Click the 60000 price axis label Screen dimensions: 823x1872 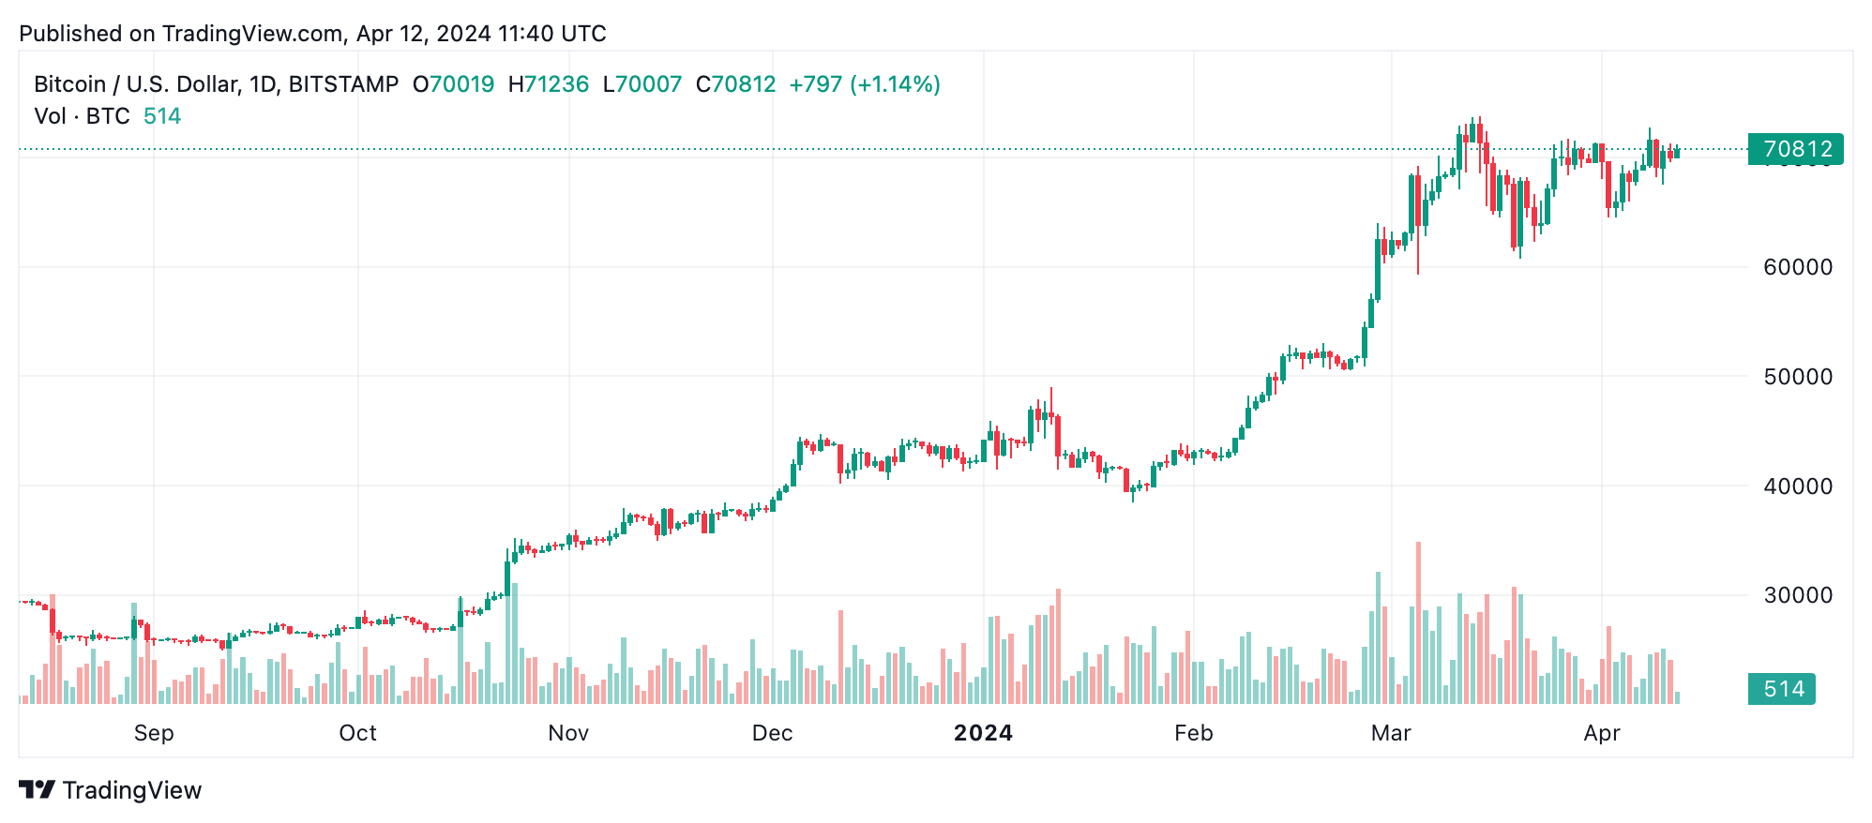[1797, 267]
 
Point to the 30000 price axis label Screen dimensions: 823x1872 [1797, 595]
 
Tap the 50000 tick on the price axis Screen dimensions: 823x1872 [1797, 377]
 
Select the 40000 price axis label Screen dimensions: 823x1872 [1797, 486]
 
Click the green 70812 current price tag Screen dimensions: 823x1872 [1795, 149]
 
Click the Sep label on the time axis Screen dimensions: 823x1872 [154, 733]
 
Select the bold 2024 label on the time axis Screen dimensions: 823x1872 [983, 733]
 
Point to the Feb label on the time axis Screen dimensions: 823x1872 [1193, 733]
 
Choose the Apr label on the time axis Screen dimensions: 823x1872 [1601, 733]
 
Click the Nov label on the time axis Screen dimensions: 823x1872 [568, 733]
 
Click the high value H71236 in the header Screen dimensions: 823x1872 [549, 84]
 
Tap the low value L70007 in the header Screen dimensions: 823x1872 [642, 84]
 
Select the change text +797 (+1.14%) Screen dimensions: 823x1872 [864, 84]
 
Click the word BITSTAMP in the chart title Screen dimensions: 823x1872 [343, 84]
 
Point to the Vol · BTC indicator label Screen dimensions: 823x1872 [82, 116]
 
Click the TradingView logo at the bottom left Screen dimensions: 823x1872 [111, 790]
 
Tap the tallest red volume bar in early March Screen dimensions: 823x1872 [1418, 623]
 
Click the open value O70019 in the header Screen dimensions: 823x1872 [454, 84]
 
